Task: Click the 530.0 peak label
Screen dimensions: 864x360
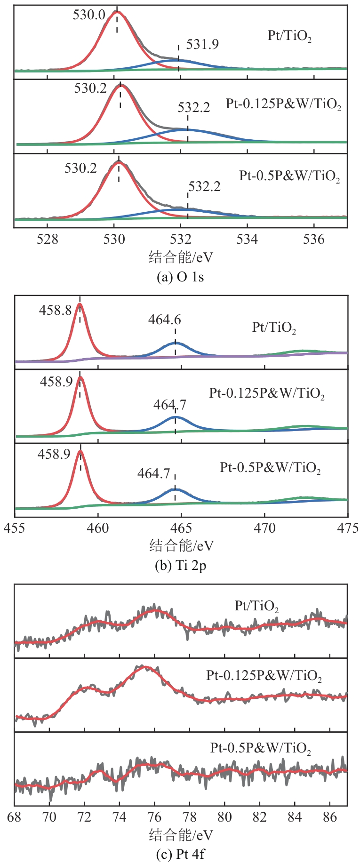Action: click(89, 15)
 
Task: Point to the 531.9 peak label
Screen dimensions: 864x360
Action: click(202, 45)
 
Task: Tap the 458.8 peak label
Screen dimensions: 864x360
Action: click(56, 310)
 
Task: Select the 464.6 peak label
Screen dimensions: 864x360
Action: click(164, 320)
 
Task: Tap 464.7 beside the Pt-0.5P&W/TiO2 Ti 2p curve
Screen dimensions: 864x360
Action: click(153, 473)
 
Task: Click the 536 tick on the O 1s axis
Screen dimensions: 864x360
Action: click(314, 240)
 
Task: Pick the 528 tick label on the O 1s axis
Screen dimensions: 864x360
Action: click(48, 240)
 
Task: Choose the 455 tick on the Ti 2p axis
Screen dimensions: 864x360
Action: click(15, 528)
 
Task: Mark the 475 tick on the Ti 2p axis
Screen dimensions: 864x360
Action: click(348, 528)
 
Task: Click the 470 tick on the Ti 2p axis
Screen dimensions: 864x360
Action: click(264, 528)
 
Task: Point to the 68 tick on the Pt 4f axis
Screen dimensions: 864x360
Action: click(15, 817)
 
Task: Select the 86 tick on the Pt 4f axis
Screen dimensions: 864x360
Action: click(330, 817)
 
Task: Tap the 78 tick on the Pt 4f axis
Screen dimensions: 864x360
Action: click(190, 817)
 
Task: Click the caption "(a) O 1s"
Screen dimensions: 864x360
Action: click(180, 277)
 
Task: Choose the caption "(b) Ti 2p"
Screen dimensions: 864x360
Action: click(180, 565)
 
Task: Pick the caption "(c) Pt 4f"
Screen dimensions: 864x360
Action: click(180, 854)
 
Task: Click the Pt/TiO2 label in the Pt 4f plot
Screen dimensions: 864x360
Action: click(257, 607)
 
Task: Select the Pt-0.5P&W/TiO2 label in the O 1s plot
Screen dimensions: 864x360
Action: click(289, 177)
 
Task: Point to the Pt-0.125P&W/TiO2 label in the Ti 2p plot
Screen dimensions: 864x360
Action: click(267, 393)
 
